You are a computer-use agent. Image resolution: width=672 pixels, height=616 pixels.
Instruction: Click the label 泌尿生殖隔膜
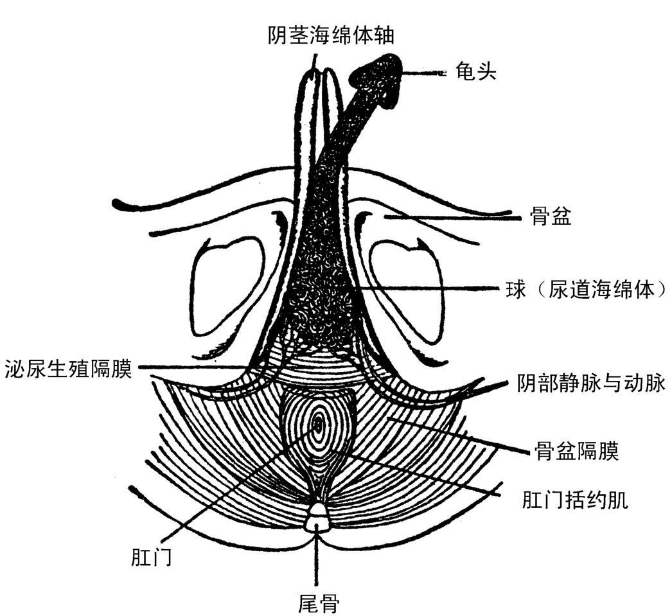(67, 368)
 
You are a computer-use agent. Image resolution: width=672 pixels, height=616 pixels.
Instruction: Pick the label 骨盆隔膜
(576, 451)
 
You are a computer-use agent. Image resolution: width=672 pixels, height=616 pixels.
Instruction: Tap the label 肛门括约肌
(575, 500)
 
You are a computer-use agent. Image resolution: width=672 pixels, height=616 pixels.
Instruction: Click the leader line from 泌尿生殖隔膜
(193, 368)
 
